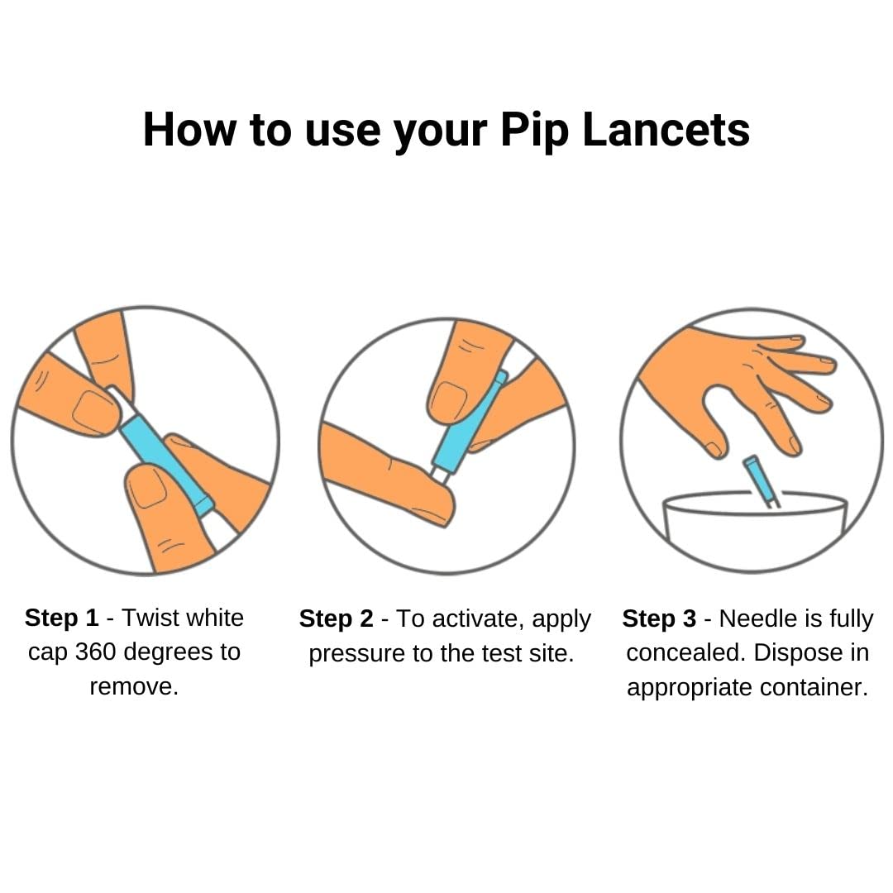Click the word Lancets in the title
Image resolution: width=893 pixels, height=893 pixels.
point(666,130)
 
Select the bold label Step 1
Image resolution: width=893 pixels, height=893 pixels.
point(61,618)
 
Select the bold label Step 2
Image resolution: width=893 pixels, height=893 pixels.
point(336,618)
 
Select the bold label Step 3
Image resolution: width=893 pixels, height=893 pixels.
point(659,618)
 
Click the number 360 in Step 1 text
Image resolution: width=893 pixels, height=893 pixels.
point(95,652)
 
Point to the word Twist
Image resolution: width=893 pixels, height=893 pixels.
point(152,618)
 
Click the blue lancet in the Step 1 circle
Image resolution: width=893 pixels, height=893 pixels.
point(165,459)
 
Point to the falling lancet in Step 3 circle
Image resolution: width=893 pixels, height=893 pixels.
point(760,480)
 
